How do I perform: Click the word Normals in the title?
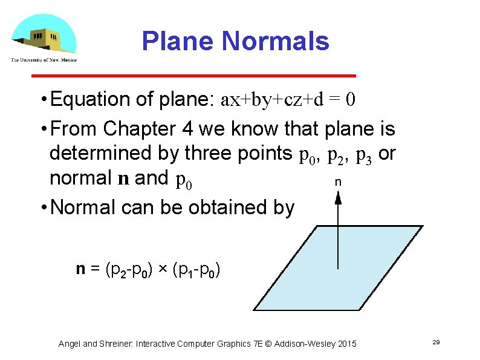tap(276, 42)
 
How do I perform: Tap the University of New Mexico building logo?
tap(44, 34)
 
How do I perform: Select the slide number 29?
tap(435, 343)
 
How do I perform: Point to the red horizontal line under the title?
tap(193, 76)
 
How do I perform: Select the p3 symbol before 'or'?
tap(363, 155)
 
